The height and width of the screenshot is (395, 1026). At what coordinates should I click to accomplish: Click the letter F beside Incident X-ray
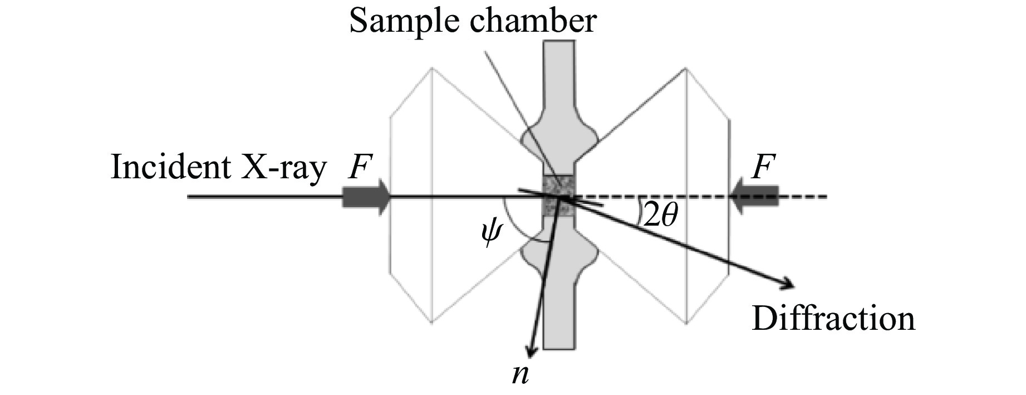pyautogui.click(x=360, y=167)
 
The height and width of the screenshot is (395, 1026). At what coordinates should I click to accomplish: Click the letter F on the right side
pyautogui.click(x=763, y=167)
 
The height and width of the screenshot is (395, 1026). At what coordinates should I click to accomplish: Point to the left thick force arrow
pyautogui.click(x=366, y=197)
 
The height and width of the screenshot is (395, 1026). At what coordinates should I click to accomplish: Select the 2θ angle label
pyautogui.click(x=660, y=214)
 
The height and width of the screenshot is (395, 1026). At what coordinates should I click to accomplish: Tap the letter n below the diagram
pyautogui.click(x=521, y=374)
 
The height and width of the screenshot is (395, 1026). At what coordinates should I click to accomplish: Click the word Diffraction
pyautogui.click(x=833, y=319)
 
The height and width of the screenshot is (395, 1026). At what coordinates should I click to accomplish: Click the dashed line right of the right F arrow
pyautogui.click(x=804, y=197)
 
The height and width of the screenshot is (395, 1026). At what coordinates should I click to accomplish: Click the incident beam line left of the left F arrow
pyautogui.click(x=262, y=197)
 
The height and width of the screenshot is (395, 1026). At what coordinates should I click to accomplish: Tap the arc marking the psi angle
pyautogui.click(x=515, y=231)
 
